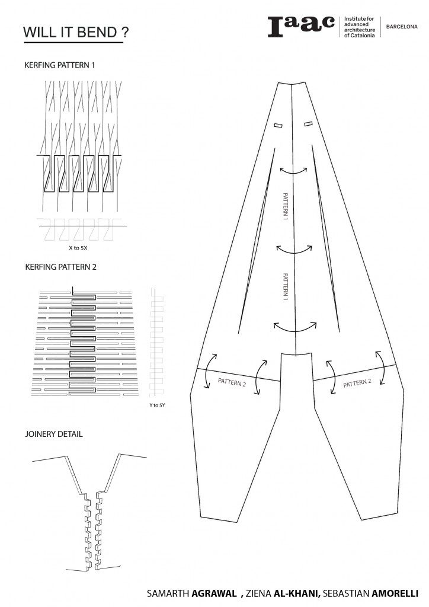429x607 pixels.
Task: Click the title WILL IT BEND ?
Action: tap(75, 32)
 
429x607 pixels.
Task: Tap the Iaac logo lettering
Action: tap(301, 26)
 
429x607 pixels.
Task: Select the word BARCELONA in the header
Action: tap(402, 27)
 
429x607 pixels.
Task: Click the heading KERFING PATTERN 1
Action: tap(60, 65)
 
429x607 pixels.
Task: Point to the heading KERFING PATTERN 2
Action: tap(60, 267)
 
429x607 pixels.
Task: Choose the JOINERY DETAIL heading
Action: tap(54, 434)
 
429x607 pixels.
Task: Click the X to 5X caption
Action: tap(78, 248)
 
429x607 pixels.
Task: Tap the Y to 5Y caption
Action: tap(157, 405)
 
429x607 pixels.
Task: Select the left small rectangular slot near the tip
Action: tap(278, 125)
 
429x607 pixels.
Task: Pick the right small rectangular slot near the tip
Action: tap(308, 124)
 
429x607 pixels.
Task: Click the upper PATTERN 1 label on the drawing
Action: tap(286, 206)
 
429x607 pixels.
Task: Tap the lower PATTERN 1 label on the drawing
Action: tap(286, 287)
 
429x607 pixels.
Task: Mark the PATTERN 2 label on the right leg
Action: tap(357, 383)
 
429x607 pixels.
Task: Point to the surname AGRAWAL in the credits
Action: tap(214, 593)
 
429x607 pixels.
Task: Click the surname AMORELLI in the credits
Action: tap(395, 593)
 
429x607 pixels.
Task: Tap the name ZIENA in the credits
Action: tap(259, 593)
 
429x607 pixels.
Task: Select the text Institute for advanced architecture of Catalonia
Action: tap(359, 27)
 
